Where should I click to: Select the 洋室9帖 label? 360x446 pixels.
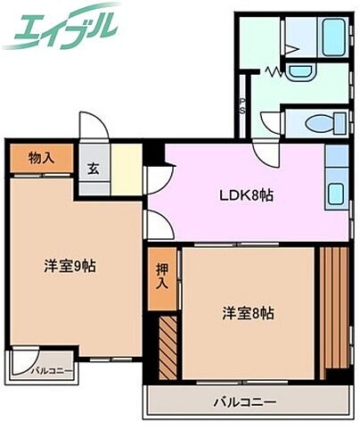pyautogui.click(x=71, y=265)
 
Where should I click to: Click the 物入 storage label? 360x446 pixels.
pyautogui.click(x=40, y=158)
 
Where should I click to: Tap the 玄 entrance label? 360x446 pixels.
pyautogui.click(x=94, y=168)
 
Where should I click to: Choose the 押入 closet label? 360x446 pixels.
pyautogui.click(x=162, y=276)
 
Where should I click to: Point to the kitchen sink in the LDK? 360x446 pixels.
pyautogui.click(x=337, y=192)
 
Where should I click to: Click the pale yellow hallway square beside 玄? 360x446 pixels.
pyautogui.click(x=127, y=169)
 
